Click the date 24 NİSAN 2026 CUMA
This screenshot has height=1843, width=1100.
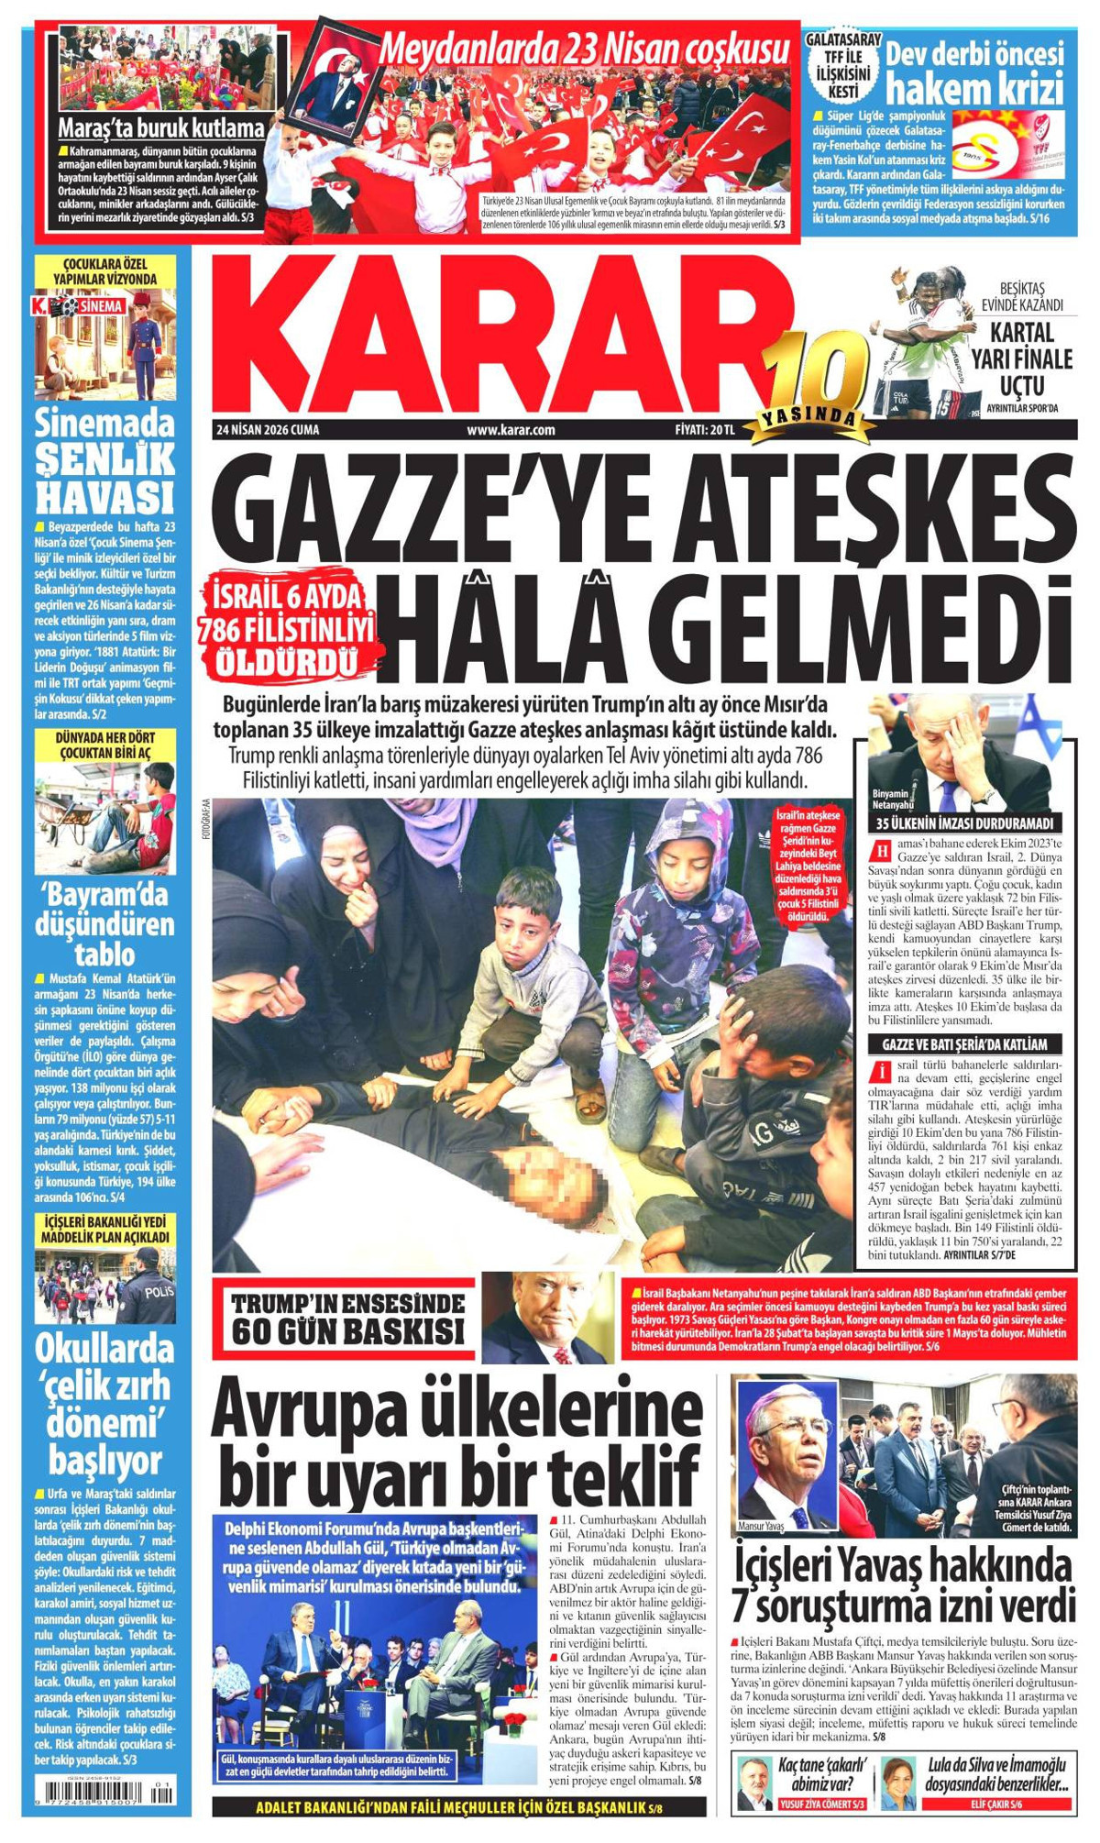268,429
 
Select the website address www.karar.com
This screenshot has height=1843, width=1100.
511,429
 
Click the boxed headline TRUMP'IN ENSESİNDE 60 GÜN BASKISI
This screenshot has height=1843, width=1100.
347,1319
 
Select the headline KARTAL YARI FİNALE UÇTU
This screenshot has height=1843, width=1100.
1021,358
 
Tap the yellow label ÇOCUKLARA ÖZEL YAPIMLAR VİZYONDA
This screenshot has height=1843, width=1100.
104,271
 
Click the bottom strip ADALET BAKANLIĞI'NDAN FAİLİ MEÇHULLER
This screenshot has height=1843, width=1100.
458,1808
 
